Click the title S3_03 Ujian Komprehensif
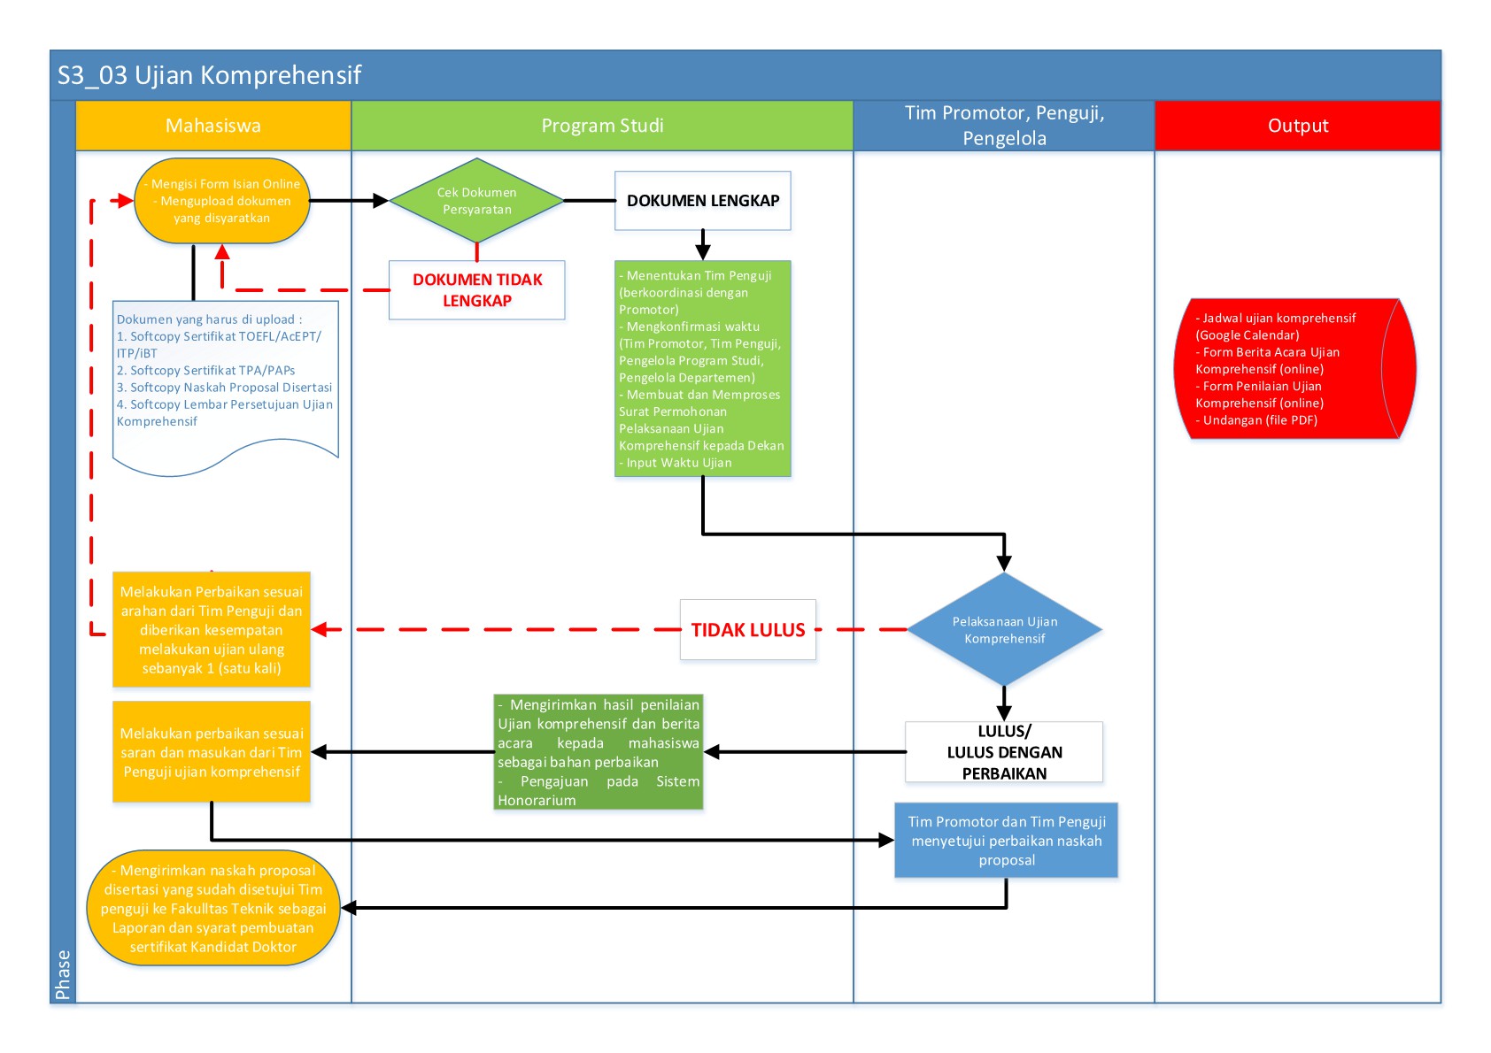(209, 75)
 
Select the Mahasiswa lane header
(213, 126)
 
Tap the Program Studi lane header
(602, 126)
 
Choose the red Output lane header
(1297, 126)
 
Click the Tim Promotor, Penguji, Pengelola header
(1004, 126)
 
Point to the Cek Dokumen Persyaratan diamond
(476, 200)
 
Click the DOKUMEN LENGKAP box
(703, 200)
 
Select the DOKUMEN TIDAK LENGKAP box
(476, 290)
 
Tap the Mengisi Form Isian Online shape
(222, 200)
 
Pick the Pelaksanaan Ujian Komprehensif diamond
(1004, 629)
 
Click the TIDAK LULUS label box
(747, 629)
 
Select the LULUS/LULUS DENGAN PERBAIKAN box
(1004, 751)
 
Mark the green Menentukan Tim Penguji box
(703, 368)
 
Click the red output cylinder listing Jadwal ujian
(1294, 368)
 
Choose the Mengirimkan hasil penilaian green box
(598, 751)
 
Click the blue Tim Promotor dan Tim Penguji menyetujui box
(1006, 840)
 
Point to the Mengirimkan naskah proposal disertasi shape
(213, 907)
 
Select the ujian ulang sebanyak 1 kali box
(212, 629)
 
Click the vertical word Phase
(63, 974)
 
